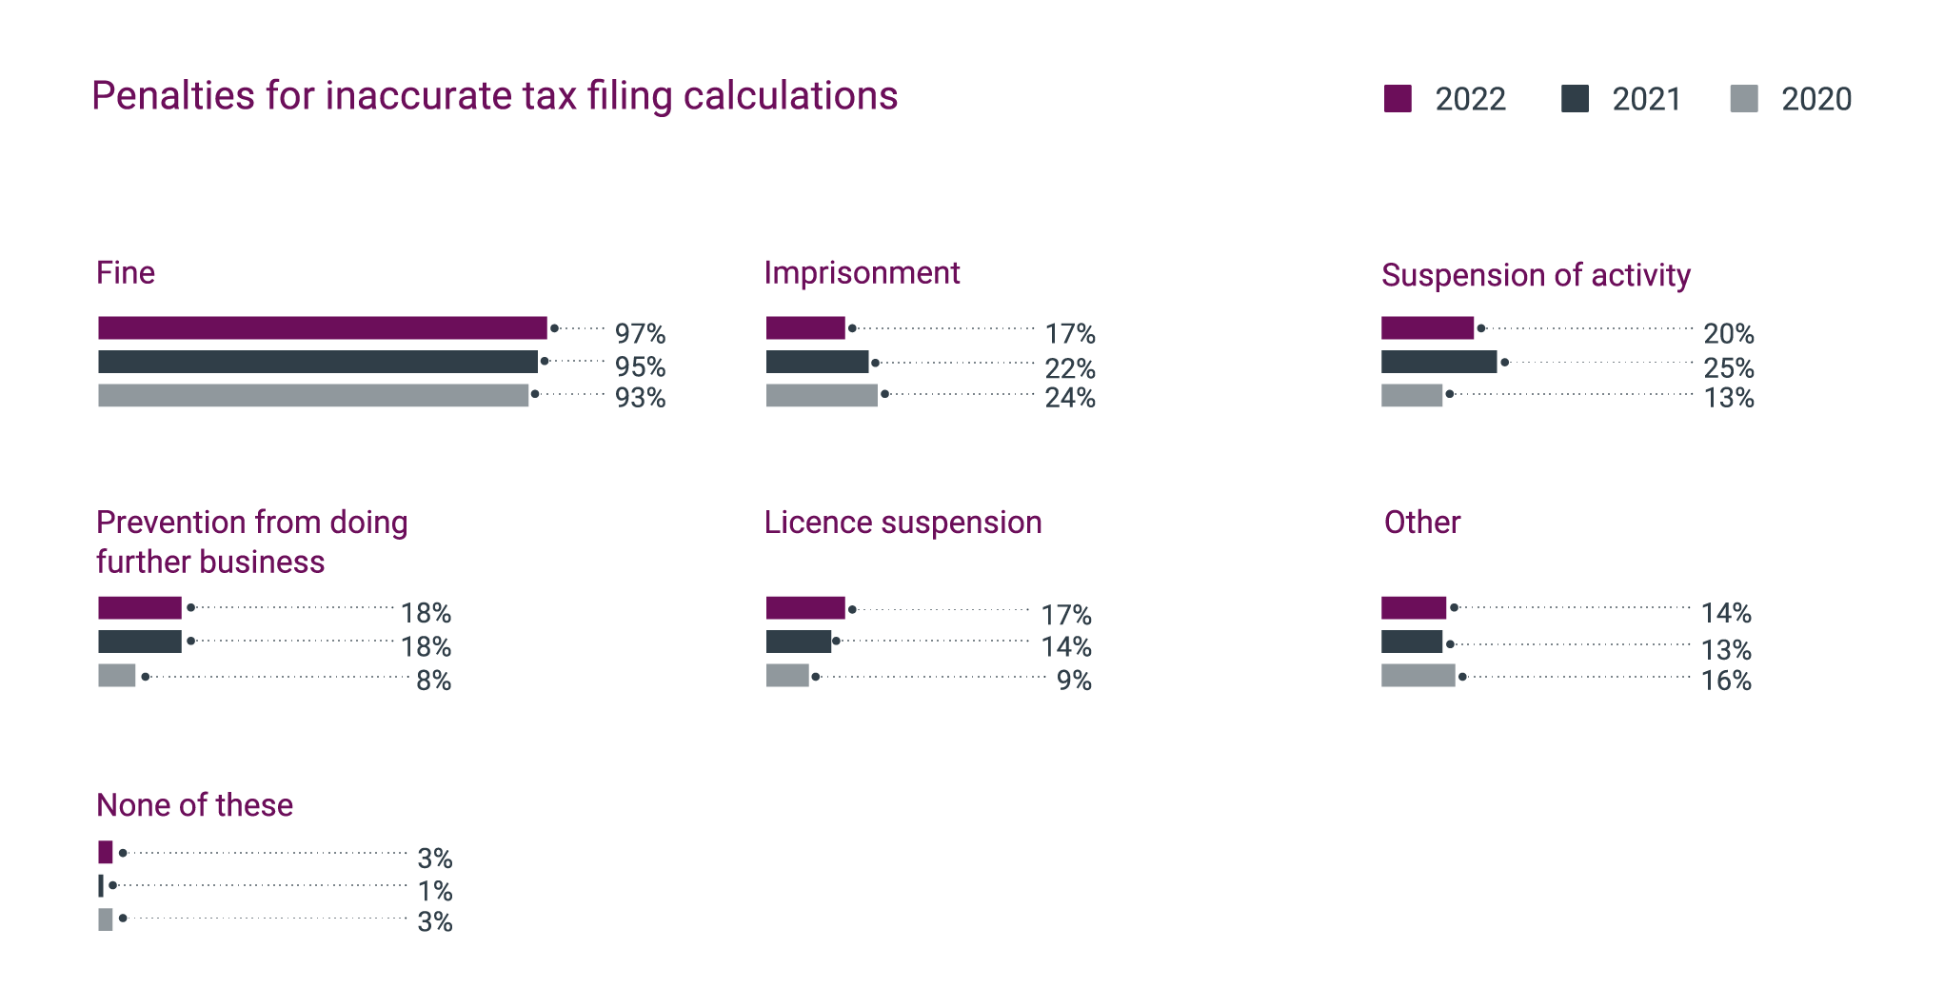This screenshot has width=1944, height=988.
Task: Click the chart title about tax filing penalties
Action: (x=494, y=96)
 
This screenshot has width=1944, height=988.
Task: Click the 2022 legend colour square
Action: (x=1397, y=99)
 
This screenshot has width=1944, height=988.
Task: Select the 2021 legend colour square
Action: (x=1575, y=99)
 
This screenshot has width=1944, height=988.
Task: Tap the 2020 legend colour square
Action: (x=1743, y=99)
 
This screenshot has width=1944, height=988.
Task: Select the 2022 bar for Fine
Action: (x=322, y=328)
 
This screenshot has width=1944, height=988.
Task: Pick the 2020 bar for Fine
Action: (x=312, y=395)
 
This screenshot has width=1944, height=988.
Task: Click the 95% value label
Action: (x=640, y=366)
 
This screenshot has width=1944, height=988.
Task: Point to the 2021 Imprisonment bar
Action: (x=817, y=362)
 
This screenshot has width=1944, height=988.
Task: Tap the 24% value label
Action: (x=1070, y=398)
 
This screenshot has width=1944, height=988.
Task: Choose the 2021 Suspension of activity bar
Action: (x=1438, y=362)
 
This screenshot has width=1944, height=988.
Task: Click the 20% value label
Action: (x=1728, y=334)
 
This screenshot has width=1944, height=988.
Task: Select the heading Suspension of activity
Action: (x=1536, y=275)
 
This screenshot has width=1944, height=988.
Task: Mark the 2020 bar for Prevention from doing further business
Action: (x=116, y=676)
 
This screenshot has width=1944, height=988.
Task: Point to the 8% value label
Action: (x=433, y=681)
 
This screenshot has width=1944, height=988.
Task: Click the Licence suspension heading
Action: (x=903, y=523)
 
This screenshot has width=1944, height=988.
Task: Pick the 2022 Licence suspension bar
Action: (x=805, y=608)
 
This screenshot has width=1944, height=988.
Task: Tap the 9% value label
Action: (x=1074, y=681)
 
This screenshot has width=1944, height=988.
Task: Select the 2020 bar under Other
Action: (x=1418, y=676)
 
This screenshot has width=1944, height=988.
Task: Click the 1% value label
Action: (x=435, y=891)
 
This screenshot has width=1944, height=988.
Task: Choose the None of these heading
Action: (x=194, y=805)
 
